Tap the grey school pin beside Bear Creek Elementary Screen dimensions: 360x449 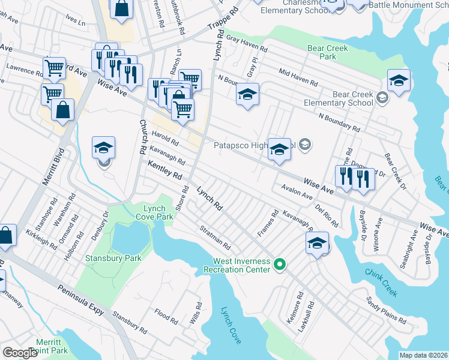381,97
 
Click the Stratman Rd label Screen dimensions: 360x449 215,237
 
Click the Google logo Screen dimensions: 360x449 20,353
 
